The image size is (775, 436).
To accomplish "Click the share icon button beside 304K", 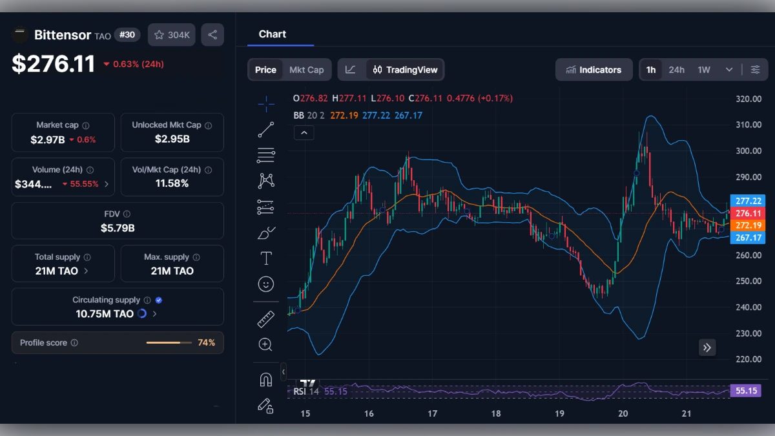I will point(212,35).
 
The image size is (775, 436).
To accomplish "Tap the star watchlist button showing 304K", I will point(172,35).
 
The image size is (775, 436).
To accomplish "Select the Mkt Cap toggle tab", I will point(306,70).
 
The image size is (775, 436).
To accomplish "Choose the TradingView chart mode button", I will point(406,70).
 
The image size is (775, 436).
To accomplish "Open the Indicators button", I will point(594,70).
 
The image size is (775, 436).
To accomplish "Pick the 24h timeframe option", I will point(676,70).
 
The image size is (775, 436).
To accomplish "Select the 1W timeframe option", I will point(704,70).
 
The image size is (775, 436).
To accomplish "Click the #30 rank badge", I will point(127,35).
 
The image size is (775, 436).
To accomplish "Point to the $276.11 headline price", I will point(54,64).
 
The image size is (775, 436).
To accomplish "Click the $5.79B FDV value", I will point(118,228).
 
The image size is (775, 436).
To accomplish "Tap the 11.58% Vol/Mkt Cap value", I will point(172,183).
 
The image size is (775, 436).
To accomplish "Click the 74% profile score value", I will point(207,343).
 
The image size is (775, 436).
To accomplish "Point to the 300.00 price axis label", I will point(749,151).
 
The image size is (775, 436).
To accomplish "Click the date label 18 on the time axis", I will point(496,413).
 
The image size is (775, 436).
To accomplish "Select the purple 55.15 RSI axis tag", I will point(745,391).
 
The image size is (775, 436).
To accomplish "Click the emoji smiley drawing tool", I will point(265,284).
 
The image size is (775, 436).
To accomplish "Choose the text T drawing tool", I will point(265,258).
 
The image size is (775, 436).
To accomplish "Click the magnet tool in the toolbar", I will point(265,380).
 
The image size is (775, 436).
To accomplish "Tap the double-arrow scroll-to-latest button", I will point(707,348).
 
